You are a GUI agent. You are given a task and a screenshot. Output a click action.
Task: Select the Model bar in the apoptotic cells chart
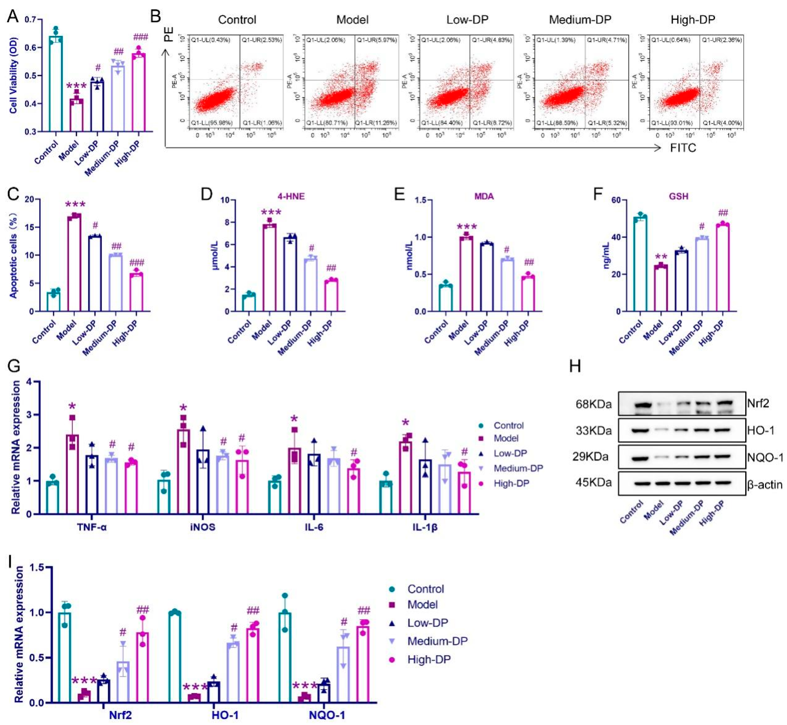click(x=74, y=263)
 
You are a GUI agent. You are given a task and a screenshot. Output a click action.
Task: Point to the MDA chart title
click(x=484, y=196)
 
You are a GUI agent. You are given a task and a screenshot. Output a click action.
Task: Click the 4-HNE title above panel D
click(x=291, y=196)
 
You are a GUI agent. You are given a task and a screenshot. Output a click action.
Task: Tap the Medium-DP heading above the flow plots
click(x=580, y=20)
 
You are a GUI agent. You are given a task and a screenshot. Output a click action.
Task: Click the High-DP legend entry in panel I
click(x=429, y=659)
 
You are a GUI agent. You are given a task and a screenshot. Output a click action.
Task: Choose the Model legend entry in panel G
click(x=506, y=438)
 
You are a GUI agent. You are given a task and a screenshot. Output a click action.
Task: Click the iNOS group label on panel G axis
click(x=203, y=527)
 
